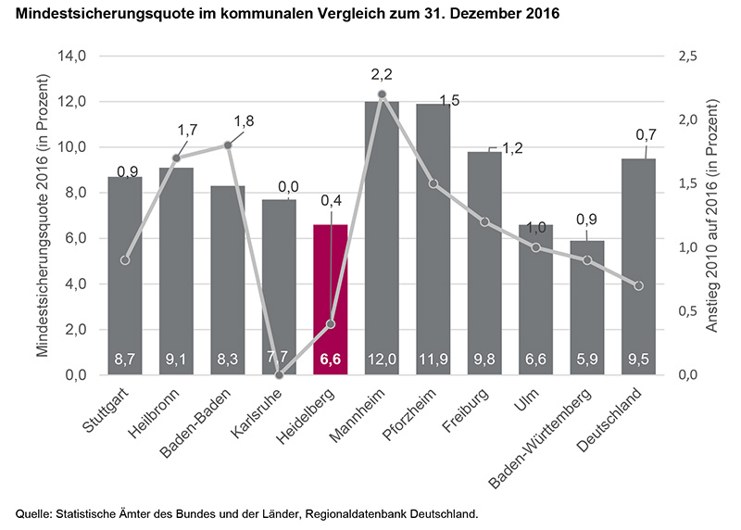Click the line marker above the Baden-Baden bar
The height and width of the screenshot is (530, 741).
(228, 145)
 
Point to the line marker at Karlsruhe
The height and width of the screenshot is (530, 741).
(279, 374)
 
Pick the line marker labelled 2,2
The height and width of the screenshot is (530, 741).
(382, 95)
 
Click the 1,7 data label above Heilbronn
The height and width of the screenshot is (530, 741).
(187, 131)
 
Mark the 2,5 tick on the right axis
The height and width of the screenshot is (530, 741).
(687, 56)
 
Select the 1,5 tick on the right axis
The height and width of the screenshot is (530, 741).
(687, 183)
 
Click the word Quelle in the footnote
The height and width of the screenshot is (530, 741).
(33, 512)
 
